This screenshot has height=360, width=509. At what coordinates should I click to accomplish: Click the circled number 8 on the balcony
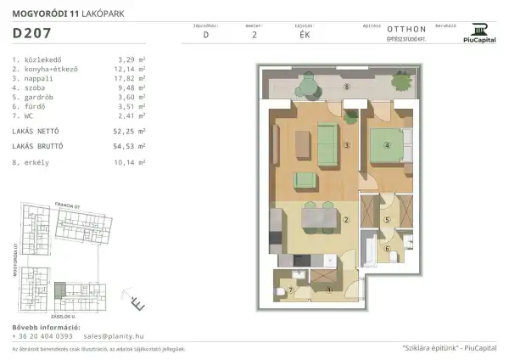[346, 87]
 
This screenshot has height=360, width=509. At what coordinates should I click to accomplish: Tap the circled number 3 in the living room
[346, 145]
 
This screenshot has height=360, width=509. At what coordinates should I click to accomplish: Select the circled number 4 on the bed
[386, 143]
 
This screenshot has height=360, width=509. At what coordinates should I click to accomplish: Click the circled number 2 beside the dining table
[346, 220]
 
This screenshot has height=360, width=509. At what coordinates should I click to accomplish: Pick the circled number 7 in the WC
[291, 290]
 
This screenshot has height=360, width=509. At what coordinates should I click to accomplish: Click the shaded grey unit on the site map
[59, 291]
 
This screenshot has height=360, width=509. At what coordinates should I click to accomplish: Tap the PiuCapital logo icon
[480, 27]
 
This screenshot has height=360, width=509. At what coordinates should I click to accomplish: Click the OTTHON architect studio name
[400, 29]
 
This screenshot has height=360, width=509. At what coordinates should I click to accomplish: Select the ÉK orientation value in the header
[293, 36]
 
